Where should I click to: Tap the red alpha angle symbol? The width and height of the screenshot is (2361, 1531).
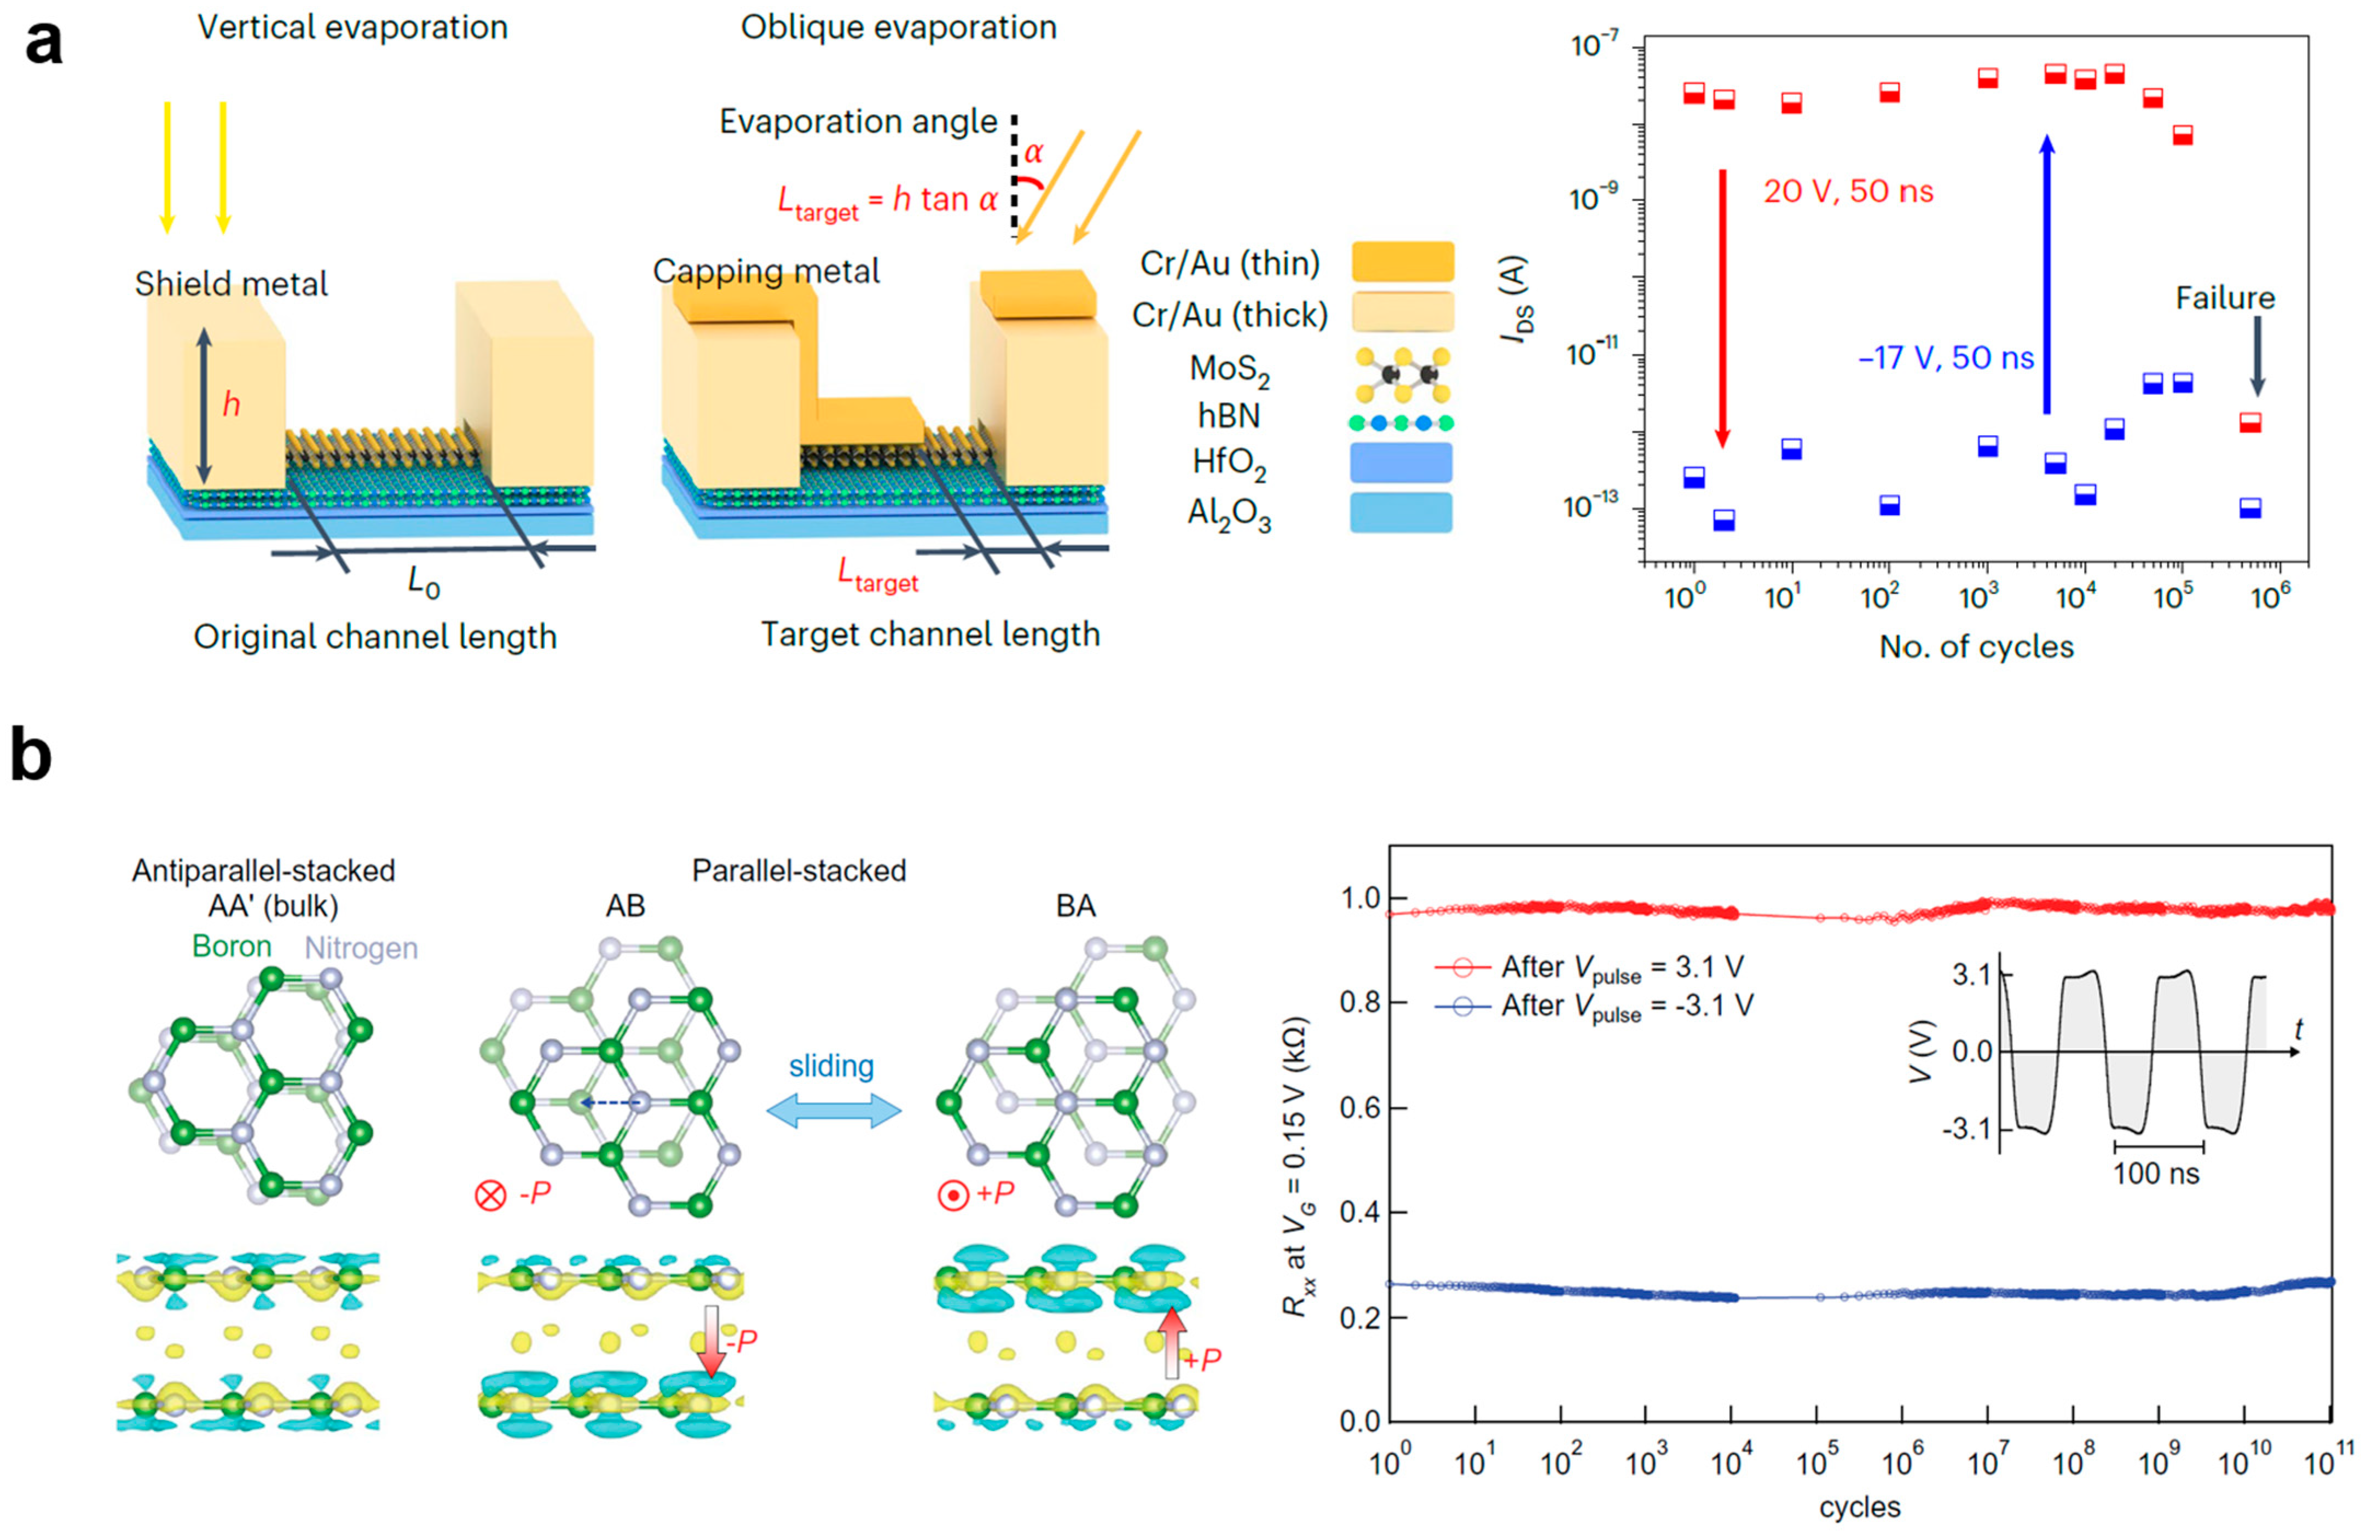pos(1034,153)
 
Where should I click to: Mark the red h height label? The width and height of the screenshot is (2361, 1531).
pos(231,405)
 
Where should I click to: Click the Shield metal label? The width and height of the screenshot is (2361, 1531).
pos(231,285)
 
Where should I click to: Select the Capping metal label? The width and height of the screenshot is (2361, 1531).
pos(766,271)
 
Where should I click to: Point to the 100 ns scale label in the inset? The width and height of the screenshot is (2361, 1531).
pos(2156,1174)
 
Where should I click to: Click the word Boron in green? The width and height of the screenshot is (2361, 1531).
pos(231,946)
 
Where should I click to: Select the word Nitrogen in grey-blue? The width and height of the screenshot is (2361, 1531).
pos(361,949)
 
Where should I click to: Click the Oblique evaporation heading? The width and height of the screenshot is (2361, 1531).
pos(899,28)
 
